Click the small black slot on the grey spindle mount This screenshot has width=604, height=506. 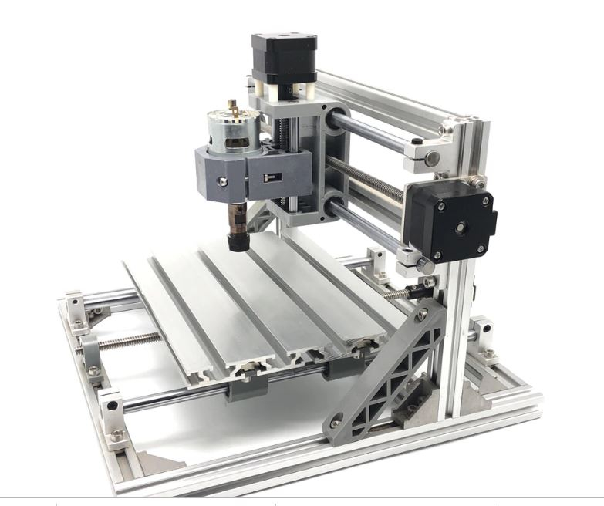269,177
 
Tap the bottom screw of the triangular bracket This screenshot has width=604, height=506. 336,423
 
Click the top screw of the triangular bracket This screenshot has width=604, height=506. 420,314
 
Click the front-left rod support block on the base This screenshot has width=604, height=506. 113,417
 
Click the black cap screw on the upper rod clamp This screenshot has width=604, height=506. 417,142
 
